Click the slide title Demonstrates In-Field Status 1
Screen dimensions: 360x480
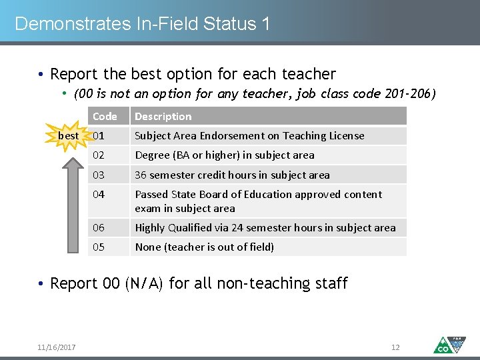pyautogui.click(x=142, y=24)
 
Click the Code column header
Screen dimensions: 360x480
pyautogui.click(x=105, y=116)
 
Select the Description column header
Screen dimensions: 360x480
pyautogui.click(x=163, y=116)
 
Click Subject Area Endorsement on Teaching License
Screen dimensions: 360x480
pyautogui.click(x=249, y=135)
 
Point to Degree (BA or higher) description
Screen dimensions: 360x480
pyautogui.click(x=225, y=155)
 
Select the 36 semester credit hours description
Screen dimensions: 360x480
pyautogui.click(x=232, y=175)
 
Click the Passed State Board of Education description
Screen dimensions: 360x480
pyautogui.click(x=258, y=201)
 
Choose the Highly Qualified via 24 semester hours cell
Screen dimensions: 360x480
pyautogui.click(x=265, y=227)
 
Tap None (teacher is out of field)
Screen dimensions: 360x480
pyautogui.click(x=204, y=247)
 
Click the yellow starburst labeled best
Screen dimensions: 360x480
pyautogui.click(x=69, y=136)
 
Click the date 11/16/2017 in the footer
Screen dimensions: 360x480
pyautogui.click(x=57, y=347)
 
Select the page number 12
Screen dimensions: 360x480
pyautogui.click(x=395, y=347)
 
